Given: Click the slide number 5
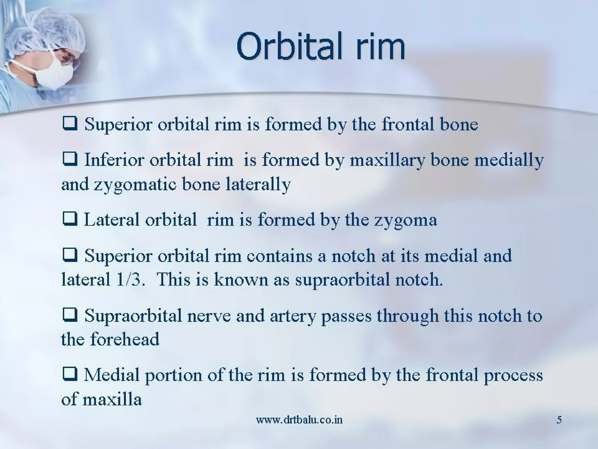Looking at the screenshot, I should click(x=559, y=420).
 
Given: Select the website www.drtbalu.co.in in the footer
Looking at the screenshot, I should click(x=299, y=420).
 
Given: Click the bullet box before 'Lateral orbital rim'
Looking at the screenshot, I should click(x=70, y=219).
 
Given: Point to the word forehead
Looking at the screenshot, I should click(x=125, y=339).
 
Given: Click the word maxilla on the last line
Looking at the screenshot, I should click(x=112, y=399).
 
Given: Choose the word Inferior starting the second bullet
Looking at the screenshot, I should click(x=114, y=160).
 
